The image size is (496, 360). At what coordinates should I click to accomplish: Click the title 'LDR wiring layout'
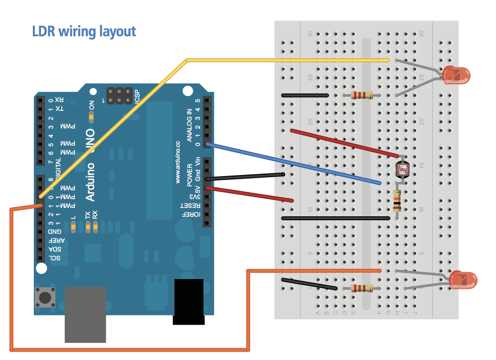(x=84, y=31)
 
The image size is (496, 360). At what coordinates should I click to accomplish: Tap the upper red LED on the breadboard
(x=456, y=75)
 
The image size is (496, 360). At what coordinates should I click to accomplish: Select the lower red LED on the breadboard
(x=463, y=280)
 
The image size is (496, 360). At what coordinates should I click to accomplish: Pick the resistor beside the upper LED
(x=362, y=95)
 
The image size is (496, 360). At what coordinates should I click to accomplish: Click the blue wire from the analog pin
(x=294, y=163)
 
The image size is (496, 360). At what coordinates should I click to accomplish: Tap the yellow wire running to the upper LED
(x=284, y=60)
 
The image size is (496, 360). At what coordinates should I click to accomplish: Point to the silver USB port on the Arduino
(x=85, y=314)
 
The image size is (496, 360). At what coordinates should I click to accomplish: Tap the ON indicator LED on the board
(x=91, y=117)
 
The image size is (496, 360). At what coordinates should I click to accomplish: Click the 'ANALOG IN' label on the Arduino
(x=190, y=125)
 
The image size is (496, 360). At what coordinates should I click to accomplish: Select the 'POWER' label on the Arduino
(x=190, y=175)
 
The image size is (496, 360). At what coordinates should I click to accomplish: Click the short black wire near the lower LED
(x=309, y=284)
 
